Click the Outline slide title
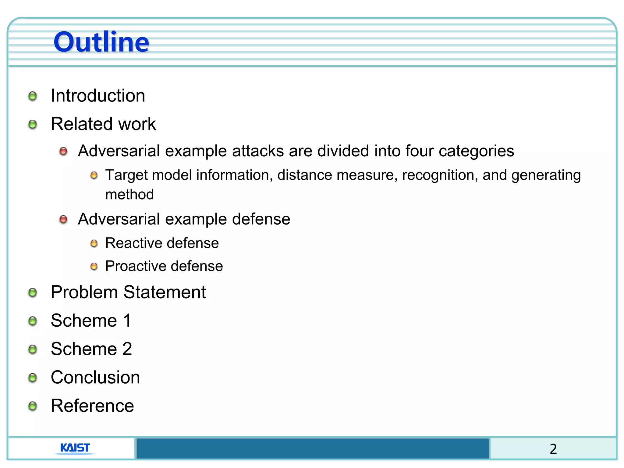101,42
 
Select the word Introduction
98,96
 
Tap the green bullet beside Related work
33,124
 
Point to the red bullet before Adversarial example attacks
63,151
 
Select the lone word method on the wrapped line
129,194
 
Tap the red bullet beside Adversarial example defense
63,219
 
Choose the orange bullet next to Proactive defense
94,267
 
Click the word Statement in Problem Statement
165,292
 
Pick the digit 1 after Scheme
127,321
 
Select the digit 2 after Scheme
127,349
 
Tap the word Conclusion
95,378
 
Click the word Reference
92,406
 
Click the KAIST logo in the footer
75,448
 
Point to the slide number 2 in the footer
553,449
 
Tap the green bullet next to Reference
33,406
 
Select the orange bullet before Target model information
94,175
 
